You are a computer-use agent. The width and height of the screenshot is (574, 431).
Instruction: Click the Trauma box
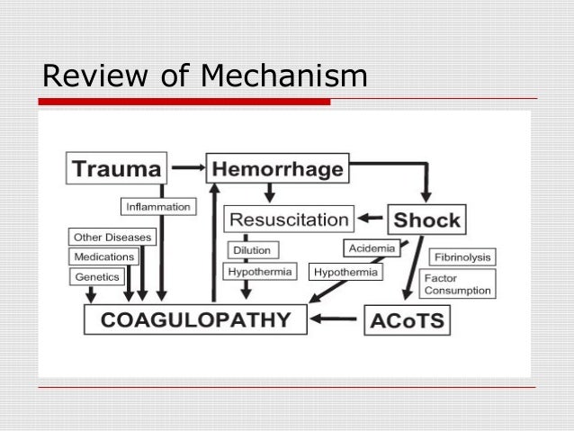point(117,168)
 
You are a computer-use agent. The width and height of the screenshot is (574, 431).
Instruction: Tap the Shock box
point(426,220)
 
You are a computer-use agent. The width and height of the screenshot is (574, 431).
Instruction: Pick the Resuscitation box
point(288,219)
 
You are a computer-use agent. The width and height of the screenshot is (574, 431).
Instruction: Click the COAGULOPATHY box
point(195,319)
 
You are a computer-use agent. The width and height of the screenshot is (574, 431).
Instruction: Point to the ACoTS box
point(407,320)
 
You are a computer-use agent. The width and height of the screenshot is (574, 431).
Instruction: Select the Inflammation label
point(157,207)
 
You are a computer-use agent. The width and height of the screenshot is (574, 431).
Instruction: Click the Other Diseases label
point(112,238)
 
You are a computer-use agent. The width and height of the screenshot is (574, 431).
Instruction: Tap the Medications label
point(104,257)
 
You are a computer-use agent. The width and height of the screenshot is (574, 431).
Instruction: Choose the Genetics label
point(97,277)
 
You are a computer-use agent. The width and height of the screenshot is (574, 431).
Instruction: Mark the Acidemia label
point(371,248)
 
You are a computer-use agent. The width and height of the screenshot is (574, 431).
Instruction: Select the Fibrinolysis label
point(461,256)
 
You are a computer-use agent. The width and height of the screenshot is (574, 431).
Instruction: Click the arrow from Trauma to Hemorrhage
point(187,167)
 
